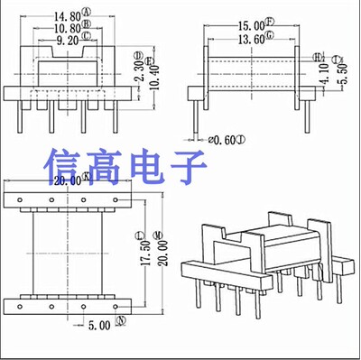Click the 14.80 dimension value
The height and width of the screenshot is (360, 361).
(x=66, y=14)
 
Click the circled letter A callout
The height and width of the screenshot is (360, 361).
(x=87, y=14)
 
